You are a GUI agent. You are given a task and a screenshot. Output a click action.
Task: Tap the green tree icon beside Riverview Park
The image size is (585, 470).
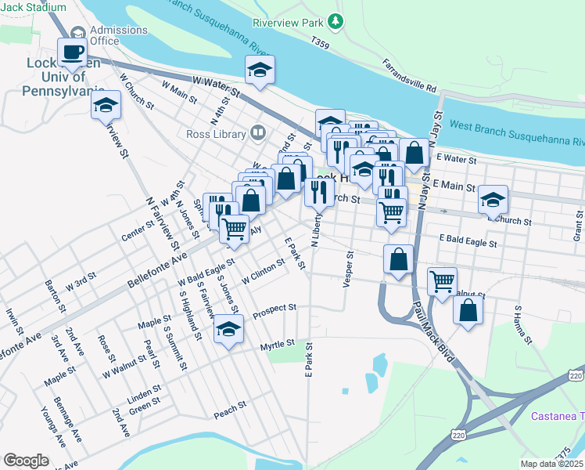coord(336,20)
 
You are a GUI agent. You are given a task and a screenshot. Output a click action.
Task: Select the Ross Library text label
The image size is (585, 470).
coord(216,134)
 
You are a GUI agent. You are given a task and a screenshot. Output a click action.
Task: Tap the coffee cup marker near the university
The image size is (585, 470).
coord(74,52)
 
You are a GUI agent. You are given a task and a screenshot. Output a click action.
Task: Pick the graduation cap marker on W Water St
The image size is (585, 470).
coord(260,70)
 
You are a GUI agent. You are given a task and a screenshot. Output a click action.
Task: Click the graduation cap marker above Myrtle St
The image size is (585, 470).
coord(228,330)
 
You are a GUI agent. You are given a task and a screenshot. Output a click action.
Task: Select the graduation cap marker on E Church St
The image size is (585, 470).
coord(493,199)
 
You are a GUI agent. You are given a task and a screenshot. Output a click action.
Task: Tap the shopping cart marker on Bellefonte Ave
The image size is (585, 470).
coord(234,229)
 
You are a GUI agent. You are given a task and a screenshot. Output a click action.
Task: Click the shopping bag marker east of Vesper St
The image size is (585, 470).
coord(398,259)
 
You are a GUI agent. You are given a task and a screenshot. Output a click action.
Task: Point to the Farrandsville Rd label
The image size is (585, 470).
coord(408,74)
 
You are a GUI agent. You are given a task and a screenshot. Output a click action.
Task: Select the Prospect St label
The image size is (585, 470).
coord(275,309)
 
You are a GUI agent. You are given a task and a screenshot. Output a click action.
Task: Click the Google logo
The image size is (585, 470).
coord(26,460)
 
